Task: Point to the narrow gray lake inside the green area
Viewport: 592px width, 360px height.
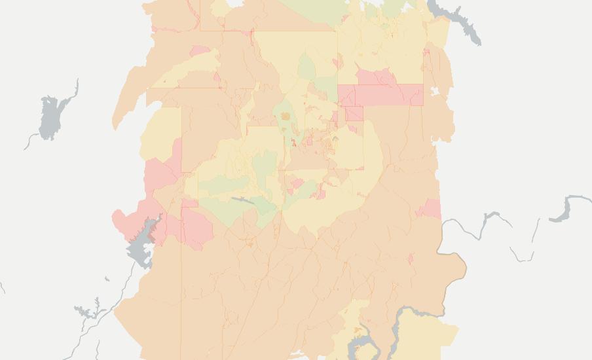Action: pyautogui.click(x=242, y=200)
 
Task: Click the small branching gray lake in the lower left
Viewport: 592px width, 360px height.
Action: pyautogui.click(x=86, y=310)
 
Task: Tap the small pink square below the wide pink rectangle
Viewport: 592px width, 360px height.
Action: pyautogui.click(x=354, y=114)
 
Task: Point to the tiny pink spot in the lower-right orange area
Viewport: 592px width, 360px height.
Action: pyautogui.click(x=411, y=259)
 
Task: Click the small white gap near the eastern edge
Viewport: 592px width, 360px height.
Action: pyautogui.click(x=434, y=92)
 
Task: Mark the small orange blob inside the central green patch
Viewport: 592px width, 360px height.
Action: pyautogui.click(x=286, y=117)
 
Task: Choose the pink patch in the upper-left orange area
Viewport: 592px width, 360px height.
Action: pyautogui.click(x=199, y=51)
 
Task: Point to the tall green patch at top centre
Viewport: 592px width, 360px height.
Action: pyautogui.click(x=306, y=69)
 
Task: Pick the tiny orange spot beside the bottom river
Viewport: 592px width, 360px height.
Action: pyautogui.click(x=357, y=330)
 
